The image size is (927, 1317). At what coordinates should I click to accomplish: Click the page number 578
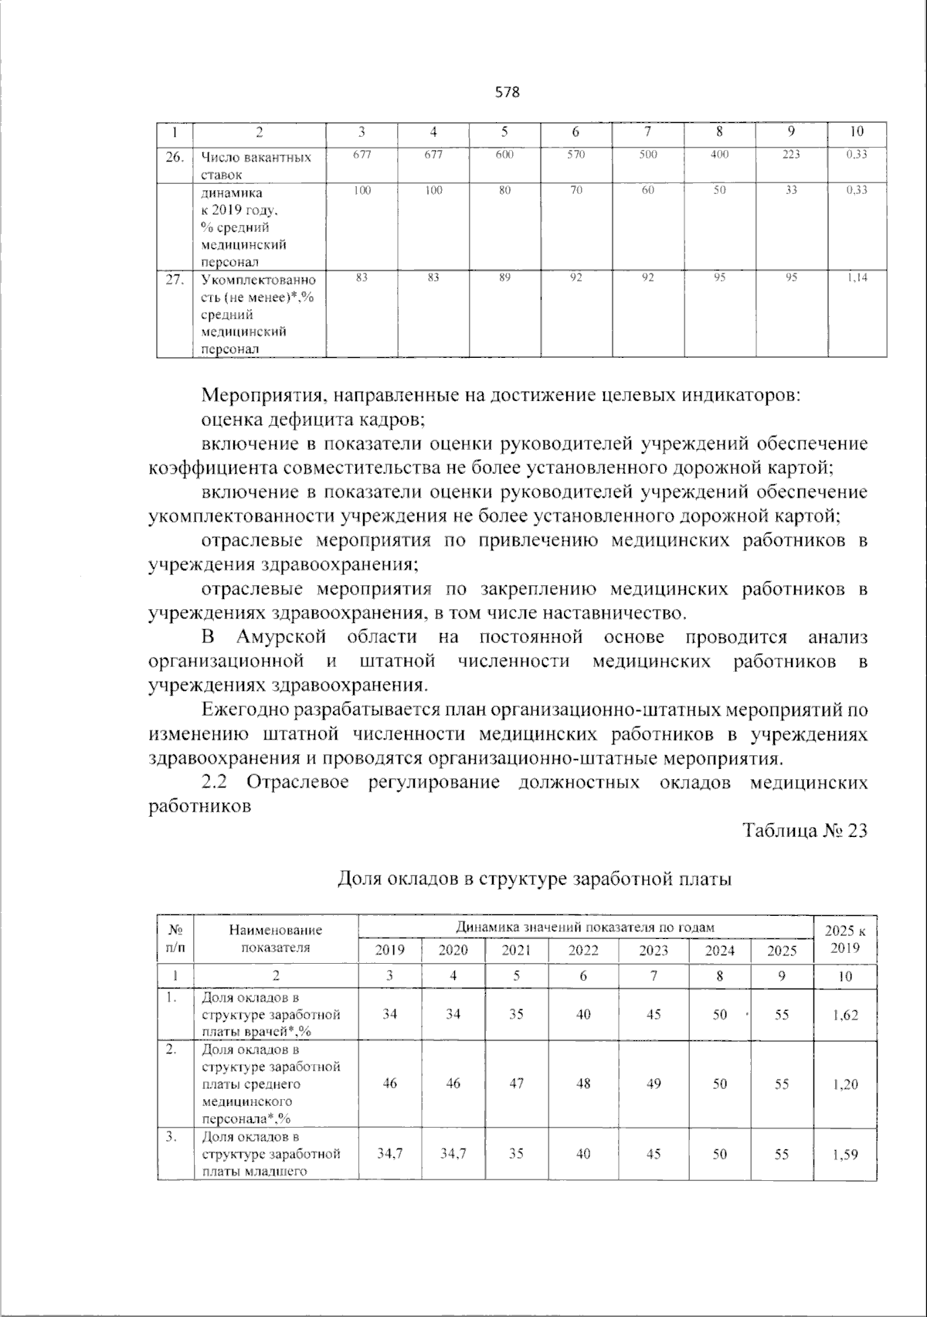507,93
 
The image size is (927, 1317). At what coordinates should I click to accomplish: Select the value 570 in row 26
576,155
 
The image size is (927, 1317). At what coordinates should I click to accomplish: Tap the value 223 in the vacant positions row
791,155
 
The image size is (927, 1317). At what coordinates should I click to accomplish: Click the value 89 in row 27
504,277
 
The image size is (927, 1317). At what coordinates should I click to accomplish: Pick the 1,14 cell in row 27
856,277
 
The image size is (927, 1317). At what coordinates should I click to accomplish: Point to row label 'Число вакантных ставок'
256,165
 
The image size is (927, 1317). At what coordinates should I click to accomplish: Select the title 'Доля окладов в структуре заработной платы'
535,879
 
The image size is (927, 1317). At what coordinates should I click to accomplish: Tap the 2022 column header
583,951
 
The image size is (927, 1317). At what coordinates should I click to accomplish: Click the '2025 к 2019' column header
845,940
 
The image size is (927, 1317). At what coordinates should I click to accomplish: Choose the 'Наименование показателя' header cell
275,939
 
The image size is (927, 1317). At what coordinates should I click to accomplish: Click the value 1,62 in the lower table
845,1015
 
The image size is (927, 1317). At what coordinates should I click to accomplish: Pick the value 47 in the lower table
516,1084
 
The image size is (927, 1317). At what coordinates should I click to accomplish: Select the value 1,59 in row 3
845,1154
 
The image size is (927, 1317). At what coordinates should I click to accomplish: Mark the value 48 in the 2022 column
583,1084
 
